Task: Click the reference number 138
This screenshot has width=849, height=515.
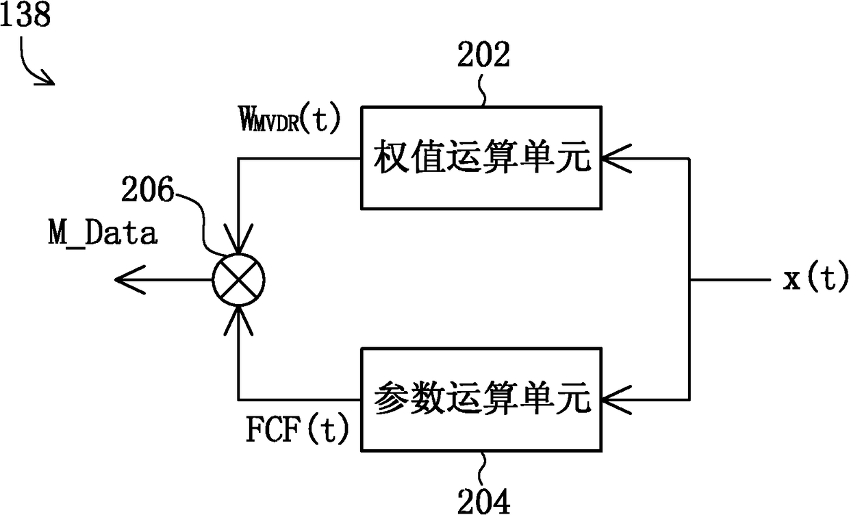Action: tap(25, 14)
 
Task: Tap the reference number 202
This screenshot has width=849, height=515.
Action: tap(483, 55)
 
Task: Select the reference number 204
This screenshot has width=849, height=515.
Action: tap(483, 501)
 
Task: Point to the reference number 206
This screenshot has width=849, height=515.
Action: tap(147, 189)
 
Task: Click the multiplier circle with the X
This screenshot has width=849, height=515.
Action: tap(238, 280)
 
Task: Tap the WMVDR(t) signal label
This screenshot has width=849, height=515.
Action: tap(290, 119)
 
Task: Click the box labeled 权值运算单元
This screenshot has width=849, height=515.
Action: tap(481, 158)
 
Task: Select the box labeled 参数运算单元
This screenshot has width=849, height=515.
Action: tap(481, 400)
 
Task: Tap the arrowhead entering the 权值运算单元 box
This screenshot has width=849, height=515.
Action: tap(616, 158)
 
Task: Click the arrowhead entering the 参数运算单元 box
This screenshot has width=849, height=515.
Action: tap(616, 400)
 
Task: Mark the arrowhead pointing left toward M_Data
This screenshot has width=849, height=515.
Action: tap(130, 280)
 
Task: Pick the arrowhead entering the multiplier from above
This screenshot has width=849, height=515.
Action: tap(238, 239)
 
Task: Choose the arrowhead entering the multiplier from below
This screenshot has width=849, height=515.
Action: tap(238, 321)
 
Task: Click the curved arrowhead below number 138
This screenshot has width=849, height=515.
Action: tap(45, 78)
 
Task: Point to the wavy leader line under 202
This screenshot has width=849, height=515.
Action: tap(482, 90)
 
